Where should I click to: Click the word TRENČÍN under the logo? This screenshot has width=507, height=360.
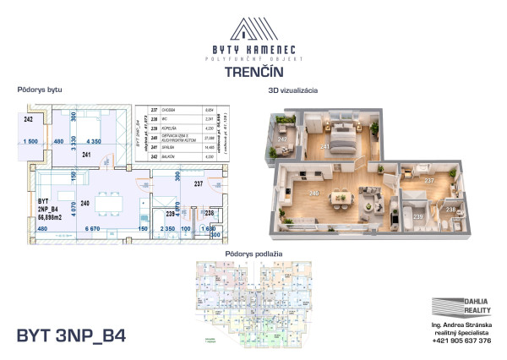pyautogui.click(x=253, y=72)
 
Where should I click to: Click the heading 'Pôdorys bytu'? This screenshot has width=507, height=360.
pyautogui.click(x=39, y=90)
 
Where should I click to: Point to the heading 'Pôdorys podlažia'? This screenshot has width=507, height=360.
pyautogui.click(x=253, y=254)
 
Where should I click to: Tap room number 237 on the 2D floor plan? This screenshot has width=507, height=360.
pyautogui.click(x=199, y=183)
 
